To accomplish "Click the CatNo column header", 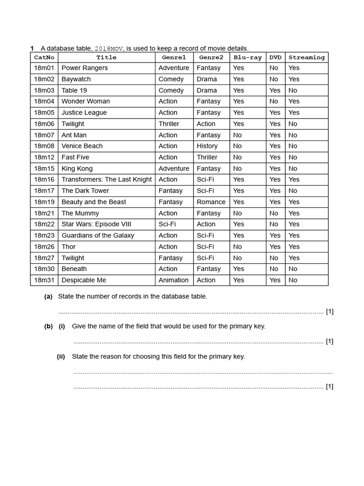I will click(x=44, y=57).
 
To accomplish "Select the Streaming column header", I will click(x=306, y=57).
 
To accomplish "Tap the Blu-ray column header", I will click(x=247, y=57).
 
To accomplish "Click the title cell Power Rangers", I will click(x=84, y=68).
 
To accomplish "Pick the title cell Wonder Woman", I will click(x=85, y=101).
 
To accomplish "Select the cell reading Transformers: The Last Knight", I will click(x=106, y=179).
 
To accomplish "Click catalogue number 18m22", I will click(x=44, y=224).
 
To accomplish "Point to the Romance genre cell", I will click(x=211, y=202).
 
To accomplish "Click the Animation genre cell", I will click(x=173, y=280).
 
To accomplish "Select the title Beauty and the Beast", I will click(x=93, y=202).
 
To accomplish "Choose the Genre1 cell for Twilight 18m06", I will click(x=169, y=124).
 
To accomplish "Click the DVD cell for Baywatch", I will click(x=273, y=79).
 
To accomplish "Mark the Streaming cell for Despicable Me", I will click(x=293, y=280).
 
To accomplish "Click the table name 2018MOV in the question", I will click(x=109, y=48).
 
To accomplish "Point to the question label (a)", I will click(x=48, y=296).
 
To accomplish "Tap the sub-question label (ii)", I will click(x=61, y=356).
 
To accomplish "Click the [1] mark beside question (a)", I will click(x=329, y=311).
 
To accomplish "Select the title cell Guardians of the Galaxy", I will click(x=98, y=235).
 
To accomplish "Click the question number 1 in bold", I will click(x=32, y=48).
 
